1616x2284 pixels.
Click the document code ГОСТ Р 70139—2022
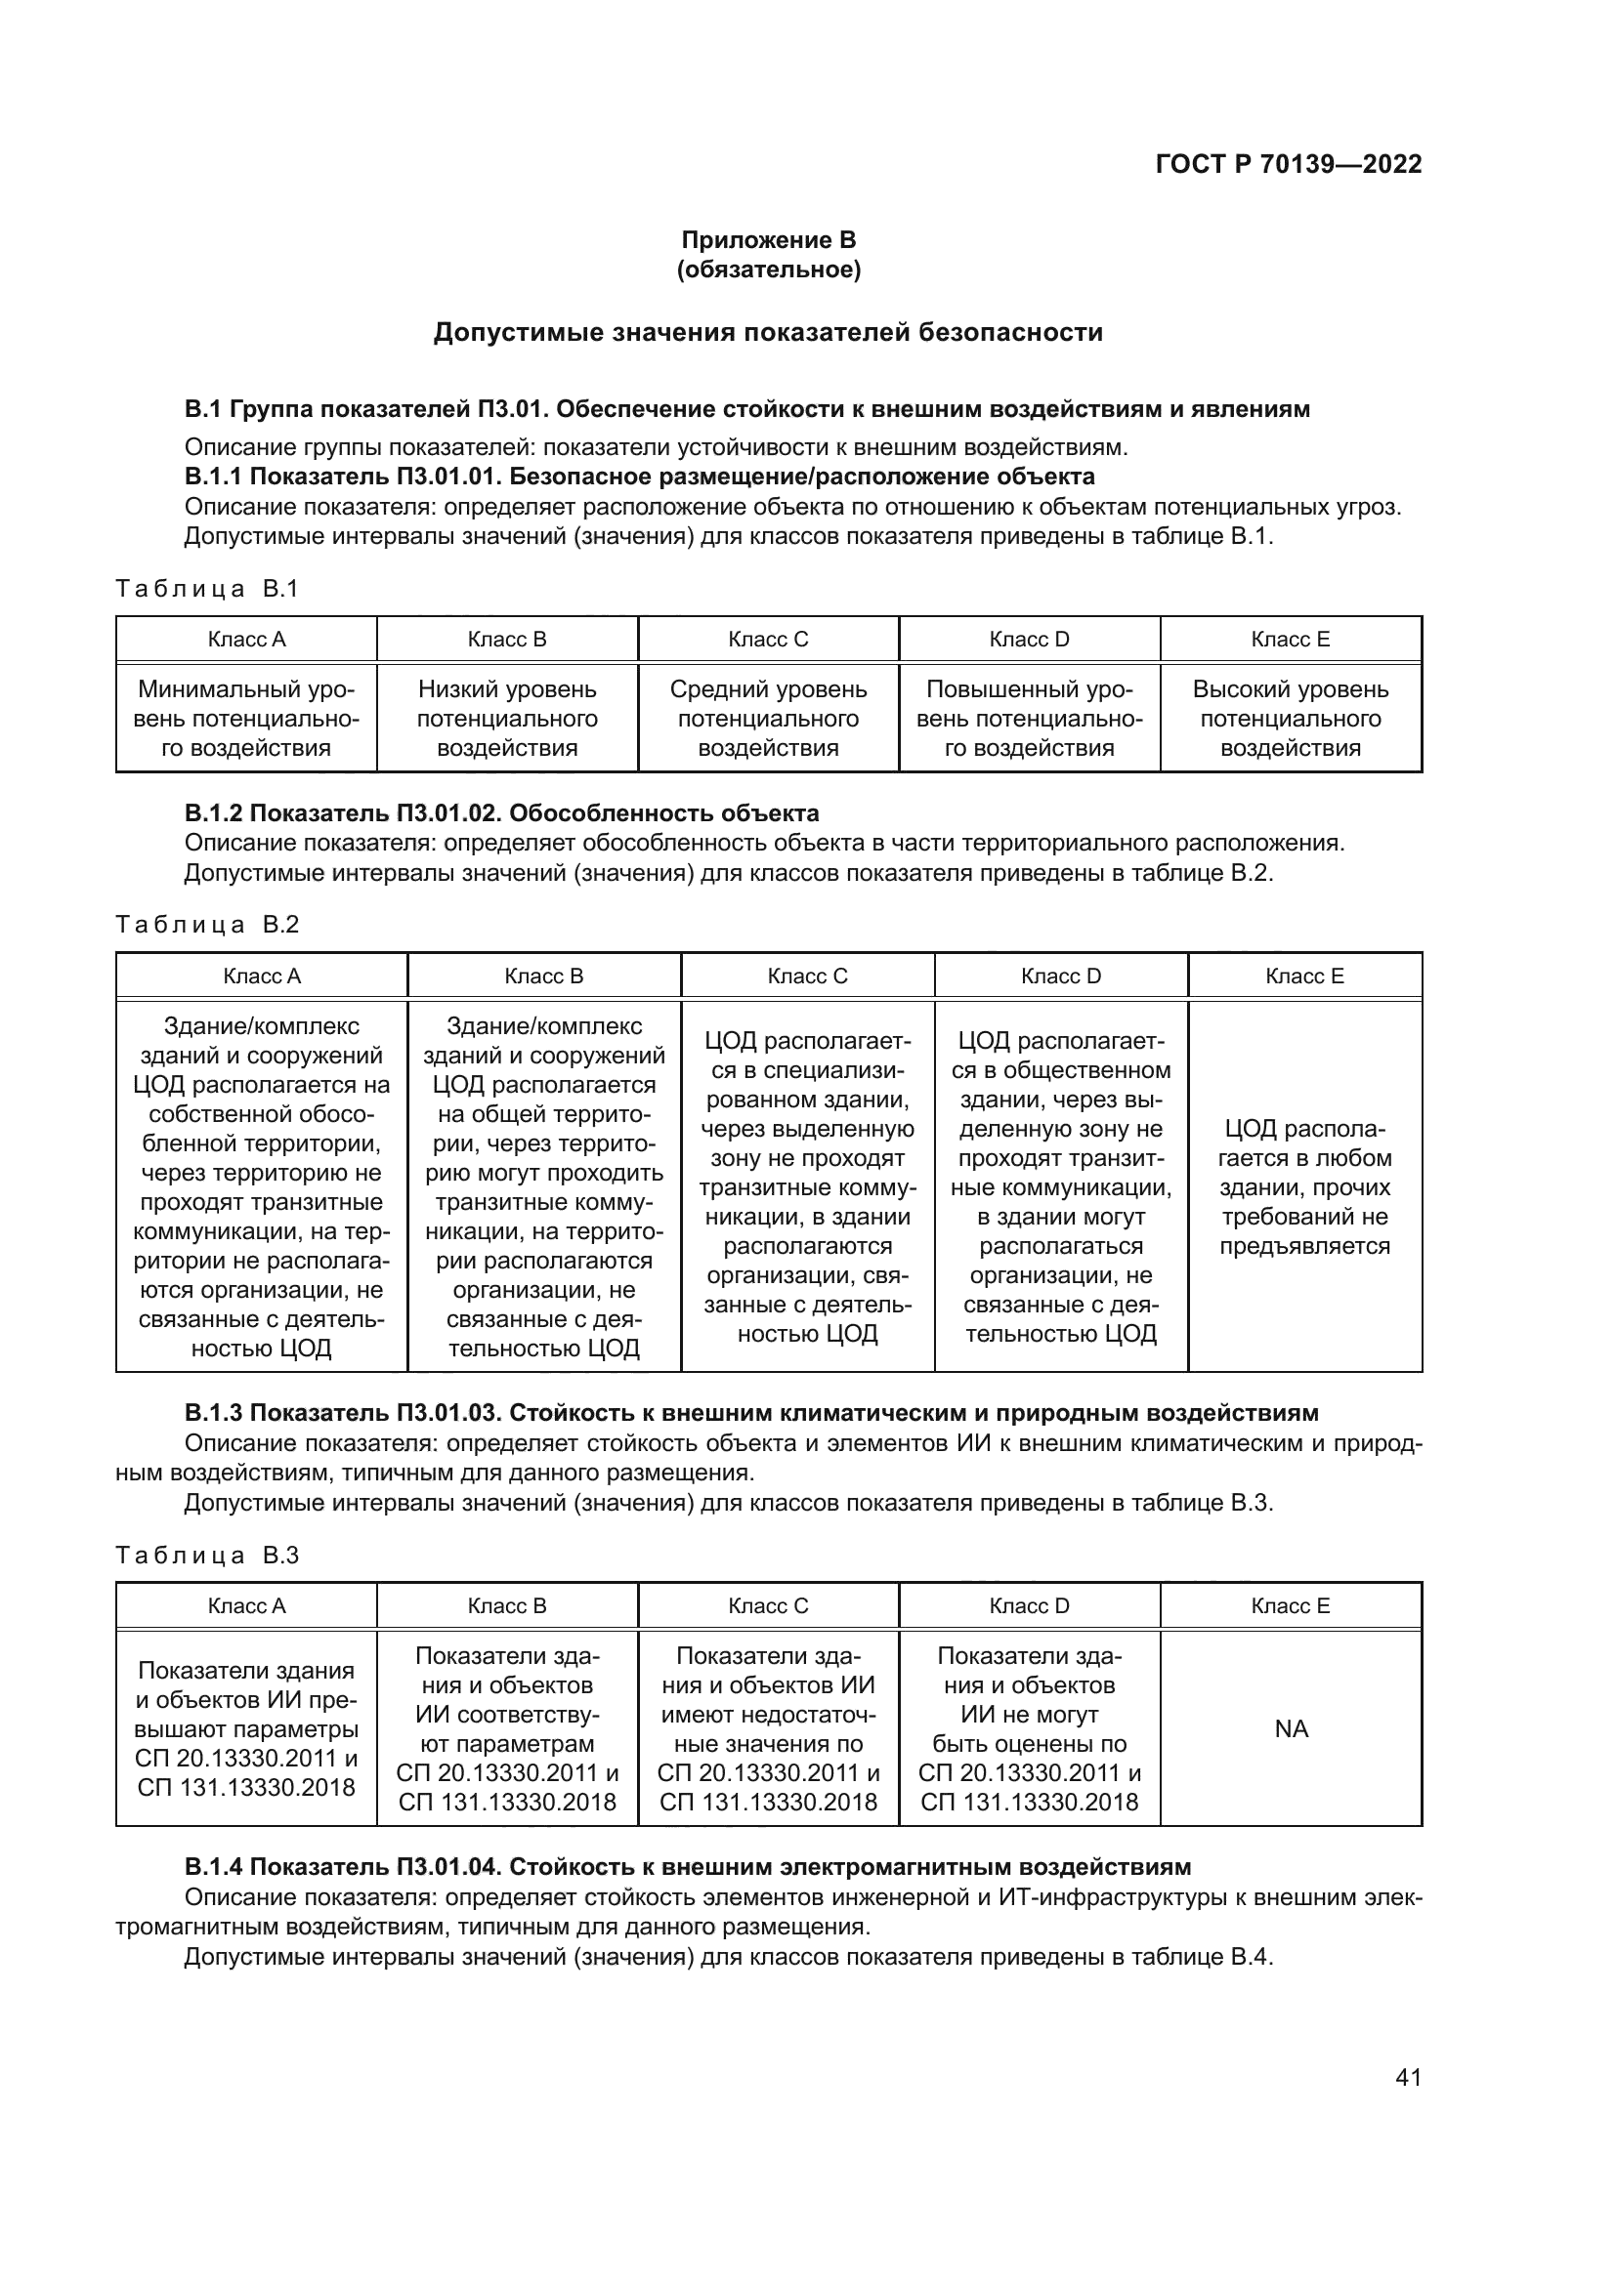(1288, 164)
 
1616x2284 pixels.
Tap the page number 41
(1408, 2077)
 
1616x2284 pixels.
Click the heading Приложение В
(768, 240)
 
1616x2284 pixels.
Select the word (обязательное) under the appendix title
(768, 270)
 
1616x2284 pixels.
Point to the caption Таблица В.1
(207, 589)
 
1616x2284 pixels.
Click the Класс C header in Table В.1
(768, 640)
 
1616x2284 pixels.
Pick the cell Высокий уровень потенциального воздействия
(1290, 719)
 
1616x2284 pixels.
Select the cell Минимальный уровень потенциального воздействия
(246, 719)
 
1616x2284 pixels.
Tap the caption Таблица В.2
(207, 925)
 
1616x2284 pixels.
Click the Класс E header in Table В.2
(1304, 976)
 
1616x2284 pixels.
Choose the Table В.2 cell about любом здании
(1304, 1186)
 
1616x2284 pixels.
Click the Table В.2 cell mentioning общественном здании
(1061, 1186)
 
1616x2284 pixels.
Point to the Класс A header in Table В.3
(246, 1605)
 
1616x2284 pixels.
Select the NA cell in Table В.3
(1291, 1729)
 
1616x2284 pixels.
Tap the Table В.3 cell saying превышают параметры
(246, 1729)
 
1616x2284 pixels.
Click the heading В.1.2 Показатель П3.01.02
(501, 813)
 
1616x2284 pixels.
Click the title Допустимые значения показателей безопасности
(768, 332)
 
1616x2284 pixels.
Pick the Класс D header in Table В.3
(1029, 1605)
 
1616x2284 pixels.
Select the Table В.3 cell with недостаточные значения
(768, 1729)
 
